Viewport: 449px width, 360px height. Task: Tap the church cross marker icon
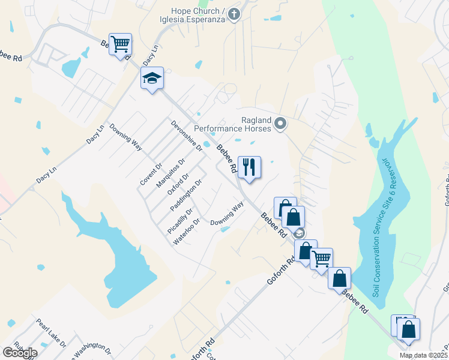pos(234,14)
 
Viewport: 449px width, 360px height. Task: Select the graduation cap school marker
pos(152,78)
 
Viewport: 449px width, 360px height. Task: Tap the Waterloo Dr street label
pos(186,232)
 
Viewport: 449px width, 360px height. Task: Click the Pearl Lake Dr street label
pos(51,332)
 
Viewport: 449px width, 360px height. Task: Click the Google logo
pos(19,352)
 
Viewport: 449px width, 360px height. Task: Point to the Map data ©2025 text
pos(423,355)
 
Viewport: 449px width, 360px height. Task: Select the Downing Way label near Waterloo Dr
pos(227,214)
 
